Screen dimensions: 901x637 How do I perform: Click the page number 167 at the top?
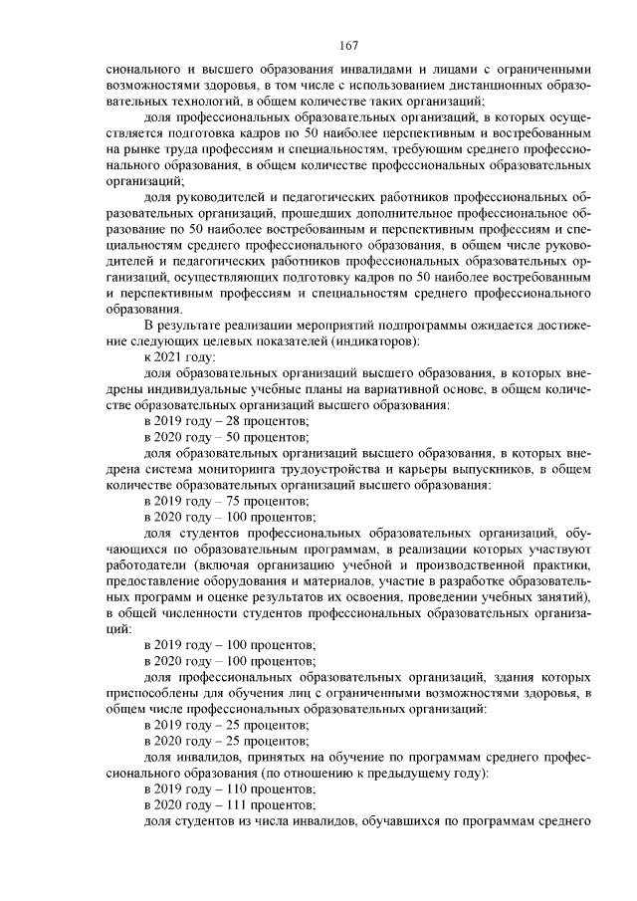point(347,46)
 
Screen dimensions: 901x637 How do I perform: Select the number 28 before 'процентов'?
point(225,421)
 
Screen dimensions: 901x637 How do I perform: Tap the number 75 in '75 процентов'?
point(225,501)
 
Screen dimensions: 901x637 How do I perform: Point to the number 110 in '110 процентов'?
point(229,788)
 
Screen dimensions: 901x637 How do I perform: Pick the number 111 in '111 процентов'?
point(229,803)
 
